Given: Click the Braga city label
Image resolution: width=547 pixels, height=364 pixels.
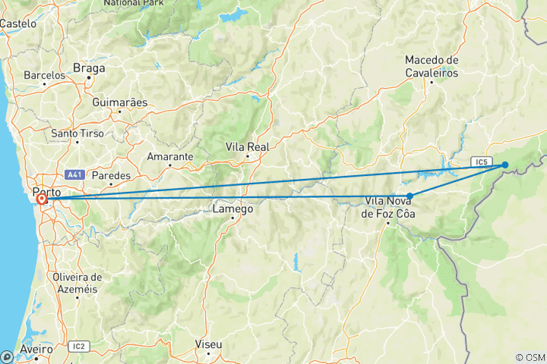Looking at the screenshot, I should [x=89, y=68].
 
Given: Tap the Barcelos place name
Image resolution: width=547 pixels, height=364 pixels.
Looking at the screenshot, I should [x=44, y=75].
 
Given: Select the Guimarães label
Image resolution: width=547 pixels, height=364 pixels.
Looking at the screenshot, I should [x=117, y=102].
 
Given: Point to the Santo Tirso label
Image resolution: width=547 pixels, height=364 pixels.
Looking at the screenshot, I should [x=75, y=133].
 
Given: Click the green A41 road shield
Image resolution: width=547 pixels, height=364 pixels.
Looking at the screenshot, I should [x=74, y=174].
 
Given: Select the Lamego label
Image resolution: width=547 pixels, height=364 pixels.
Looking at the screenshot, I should [x=232, y=209].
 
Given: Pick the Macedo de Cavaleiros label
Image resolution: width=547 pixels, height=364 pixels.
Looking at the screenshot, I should [x=432, y=66].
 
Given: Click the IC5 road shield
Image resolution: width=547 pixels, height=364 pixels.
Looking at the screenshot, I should [x=479, y=162].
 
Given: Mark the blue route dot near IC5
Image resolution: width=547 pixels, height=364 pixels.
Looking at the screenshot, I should [x=505, y=165].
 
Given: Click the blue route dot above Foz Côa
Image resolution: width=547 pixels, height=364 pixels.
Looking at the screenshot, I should [x=410, y=196].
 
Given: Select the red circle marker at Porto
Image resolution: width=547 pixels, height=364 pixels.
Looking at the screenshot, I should [x=41, y=200].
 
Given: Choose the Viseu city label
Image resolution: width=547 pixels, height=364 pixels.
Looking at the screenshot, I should [x=208, y=345].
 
